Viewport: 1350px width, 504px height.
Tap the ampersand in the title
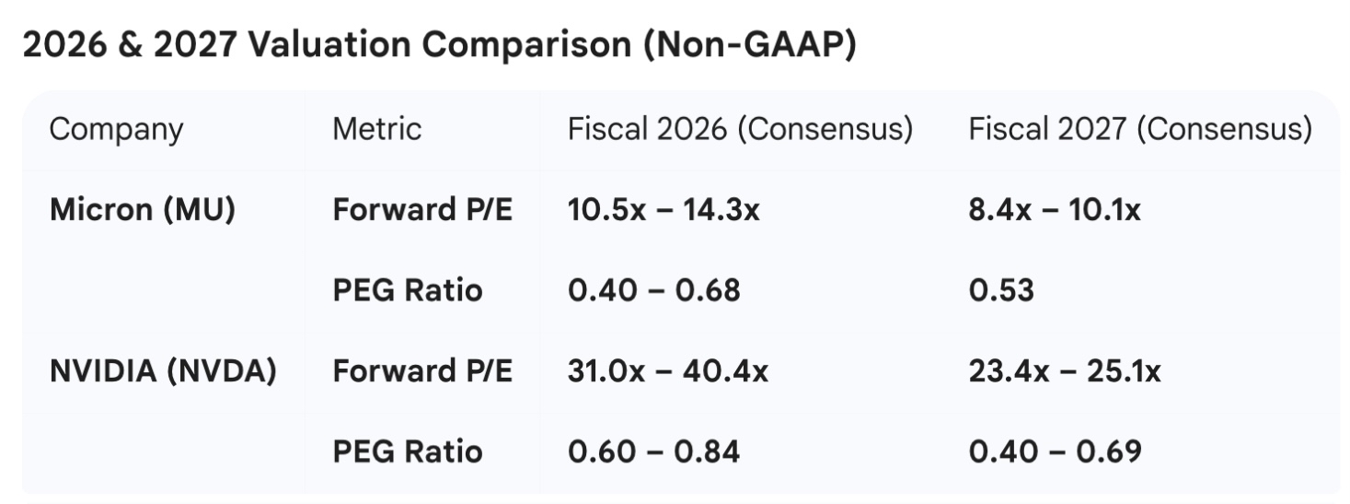[130, 44]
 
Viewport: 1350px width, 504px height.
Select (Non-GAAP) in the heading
[750, 44]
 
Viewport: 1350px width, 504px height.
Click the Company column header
[116, 130]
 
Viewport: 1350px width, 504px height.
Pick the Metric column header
[377, 129]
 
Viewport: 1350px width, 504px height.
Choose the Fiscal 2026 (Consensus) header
[740, 129]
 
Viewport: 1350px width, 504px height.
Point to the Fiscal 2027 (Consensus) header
[1140, 129]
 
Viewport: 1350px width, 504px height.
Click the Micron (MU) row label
[143, 210]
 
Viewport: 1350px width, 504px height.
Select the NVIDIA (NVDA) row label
[163, 370]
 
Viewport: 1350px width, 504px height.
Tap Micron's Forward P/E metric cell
[422, 209]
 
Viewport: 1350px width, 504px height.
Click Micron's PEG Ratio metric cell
[408, 290]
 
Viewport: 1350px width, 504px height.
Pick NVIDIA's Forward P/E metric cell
[422, 370]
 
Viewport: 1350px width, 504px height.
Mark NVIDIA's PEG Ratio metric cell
[408, 451]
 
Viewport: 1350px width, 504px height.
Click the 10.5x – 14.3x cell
[663, 210]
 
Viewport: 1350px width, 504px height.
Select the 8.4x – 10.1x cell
[1055, 210]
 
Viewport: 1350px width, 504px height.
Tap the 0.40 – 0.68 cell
[654, 290]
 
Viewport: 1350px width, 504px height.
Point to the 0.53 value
[1001, 290]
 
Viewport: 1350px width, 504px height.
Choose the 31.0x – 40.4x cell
[668, 370]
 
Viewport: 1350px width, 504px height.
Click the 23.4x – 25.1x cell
[1065, 370]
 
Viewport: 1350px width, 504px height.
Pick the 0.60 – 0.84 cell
[654, 451]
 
